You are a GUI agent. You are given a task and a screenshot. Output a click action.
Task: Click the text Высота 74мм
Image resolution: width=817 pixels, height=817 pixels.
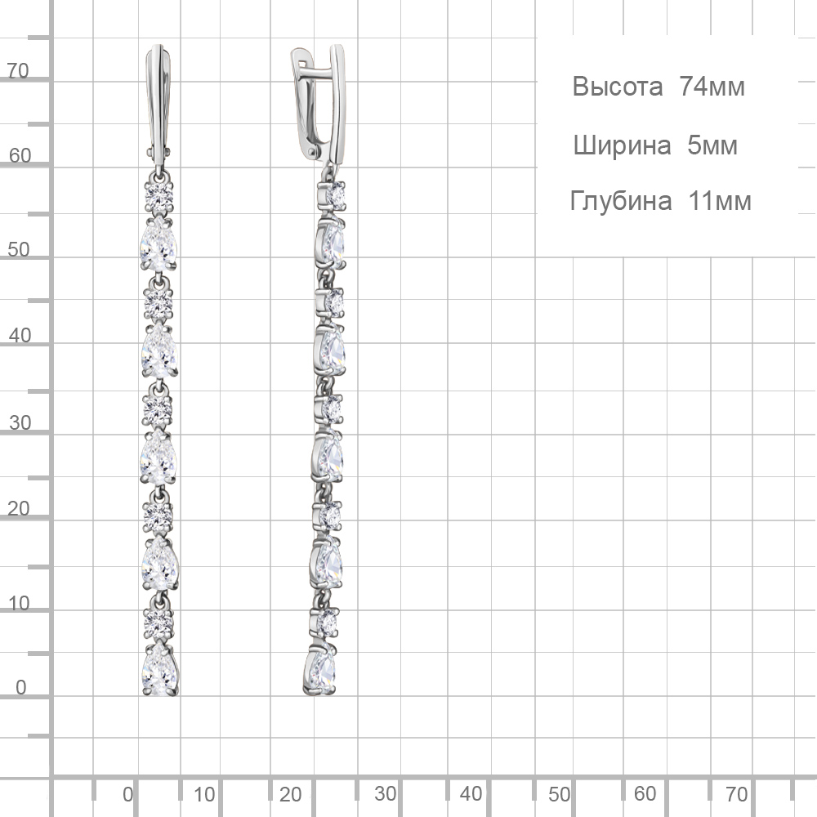pyautogui.click(x=659, y=86)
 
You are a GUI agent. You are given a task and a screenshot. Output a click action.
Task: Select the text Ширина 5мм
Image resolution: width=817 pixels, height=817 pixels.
pyautogui.click(x=655, y=145)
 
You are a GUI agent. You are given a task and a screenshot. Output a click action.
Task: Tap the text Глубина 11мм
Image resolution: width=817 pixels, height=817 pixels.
pyautogui.click(x=661, y=201)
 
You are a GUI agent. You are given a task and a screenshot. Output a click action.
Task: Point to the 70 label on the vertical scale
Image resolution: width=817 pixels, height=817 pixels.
pyautogui.click(x=18, y=70)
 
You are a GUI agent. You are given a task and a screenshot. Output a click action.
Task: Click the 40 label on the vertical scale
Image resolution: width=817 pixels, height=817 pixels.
pyautogui.click(x=20, y=335)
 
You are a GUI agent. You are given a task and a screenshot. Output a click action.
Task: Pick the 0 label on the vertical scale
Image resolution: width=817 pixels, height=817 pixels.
pyautogui.click(x=21, y=687)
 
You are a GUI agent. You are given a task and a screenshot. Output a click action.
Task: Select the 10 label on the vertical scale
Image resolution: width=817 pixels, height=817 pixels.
pyautogui.click(x=19, y=604)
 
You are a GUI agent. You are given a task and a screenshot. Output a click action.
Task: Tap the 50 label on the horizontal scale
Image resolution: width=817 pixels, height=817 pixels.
pyautogui.click(x=559, y=794)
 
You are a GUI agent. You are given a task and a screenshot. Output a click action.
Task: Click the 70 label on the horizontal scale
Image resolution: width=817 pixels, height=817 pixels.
pyautogui.click(x=737, y=794)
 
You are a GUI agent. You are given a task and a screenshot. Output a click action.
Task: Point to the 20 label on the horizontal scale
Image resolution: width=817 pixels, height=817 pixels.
pyautogui.click(x=290, y=794)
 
